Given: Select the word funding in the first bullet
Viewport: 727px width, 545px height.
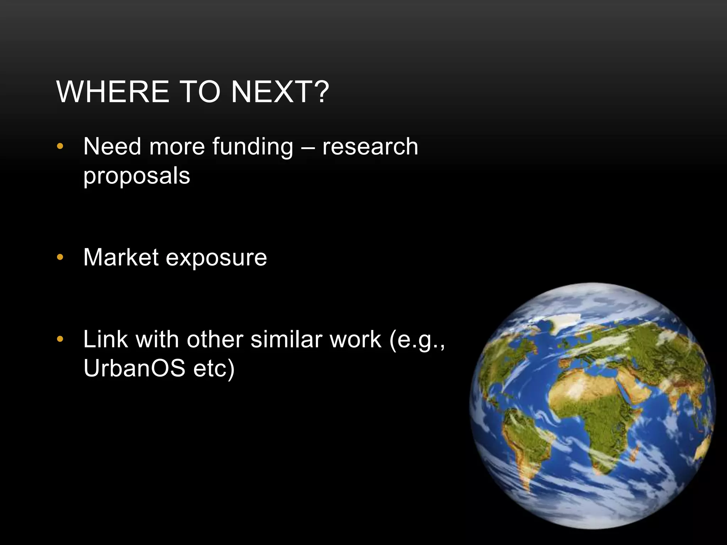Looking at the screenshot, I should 253,147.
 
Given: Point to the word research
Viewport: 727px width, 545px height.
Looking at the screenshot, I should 370,147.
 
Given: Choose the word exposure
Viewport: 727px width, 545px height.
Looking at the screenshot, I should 216,258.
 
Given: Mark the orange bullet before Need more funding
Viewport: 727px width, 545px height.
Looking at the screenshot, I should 60,147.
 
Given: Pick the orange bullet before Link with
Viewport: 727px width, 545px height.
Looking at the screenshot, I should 60,340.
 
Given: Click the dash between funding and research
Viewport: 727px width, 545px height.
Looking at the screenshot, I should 307,147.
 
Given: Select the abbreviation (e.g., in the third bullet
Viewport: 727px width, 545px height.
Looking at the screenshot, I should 417,340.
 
